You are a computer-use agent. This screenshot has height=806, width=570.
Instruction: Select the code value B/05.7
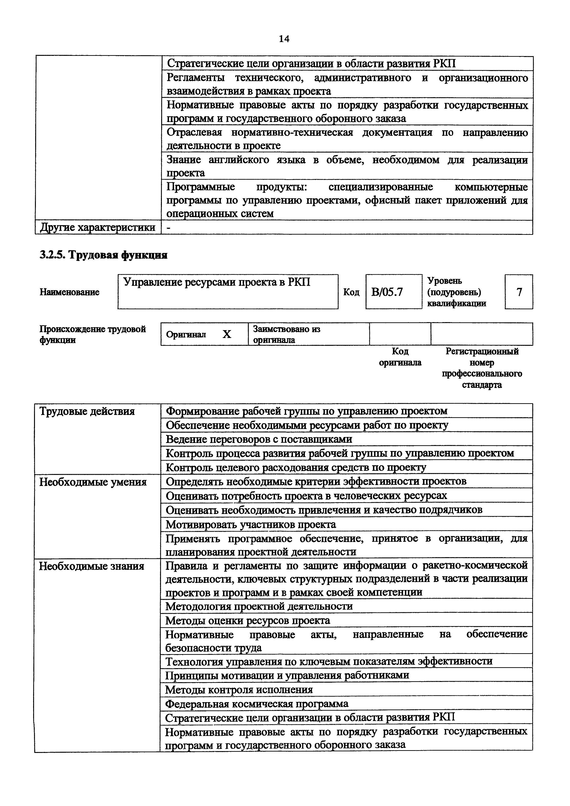click(x=387, y=292)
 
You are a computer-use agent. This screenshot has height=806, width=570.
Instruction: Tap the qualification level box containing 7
click(x=519, y=292)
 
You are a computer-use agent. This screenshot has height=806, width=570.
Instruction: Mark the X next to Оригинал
click(x=227, y=335)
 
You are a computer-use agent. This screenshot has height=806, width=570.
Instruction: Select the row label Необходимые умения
click(x=93, y=482)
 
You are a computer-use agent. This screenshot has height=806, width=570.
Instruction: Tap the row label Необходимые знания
click(x=91, y=566)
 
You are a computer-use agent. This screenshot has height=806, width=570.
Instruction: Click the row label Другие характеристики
click(x=98, y=227)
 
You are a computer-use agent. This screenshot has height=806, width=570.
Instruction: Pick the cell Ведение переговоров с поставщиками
click(x=259, y=439)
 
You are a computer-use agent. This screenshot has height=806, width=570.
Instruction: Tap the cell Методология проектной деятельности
click(x=259, y=606)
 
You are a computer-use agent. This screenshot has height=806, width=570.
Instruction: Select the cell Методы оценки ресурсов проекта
click(x=248, y=620)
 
